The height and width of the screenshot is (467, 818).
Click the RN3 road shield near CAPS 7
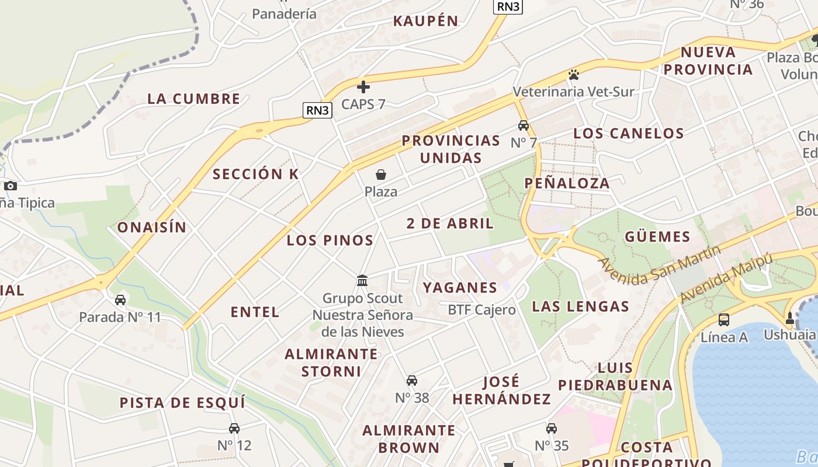coord(317,110)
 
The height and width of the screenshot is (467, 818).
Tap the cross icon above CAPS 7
coord(363,87)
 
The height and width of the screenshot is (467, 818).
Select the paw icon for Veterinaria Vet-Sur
coord(573,75)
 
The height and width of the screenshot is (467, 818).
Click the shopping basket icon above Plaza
coord(381,175)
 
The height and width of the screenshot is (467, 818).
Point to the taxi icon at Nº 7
coord(524,126)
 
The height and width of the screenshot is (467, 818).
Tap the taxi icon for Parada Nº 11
coord(120,300)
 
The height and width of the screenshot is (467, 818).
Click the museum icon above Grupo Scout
coord(362,281)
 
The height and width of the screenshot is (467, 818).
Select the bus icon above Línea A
coord(724,319)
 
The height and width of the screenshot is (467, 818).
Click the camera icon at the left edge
coord(10,186)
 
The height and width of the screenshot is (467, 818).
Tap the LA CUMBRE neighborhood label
coord(193,99)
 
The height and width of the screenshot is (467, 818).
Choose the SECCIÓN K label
coord(255,174)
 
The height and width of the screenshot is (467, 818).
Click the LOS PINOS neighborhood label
coord(330,240)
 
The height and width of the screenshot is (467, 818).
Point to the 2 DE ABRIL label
coord(450,223)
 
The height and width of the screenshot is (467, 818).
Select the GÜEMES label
coord(657,236)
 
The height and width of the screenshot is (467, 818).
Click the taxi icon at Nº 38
coord(412,381)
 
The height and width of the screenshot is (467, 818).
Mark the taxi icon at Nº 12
coord(234,428)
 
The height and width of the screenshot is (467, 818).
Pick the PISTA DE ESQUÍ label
coord(182,403)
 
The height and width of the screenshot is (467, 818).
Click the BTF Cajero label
coord(481,310)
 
